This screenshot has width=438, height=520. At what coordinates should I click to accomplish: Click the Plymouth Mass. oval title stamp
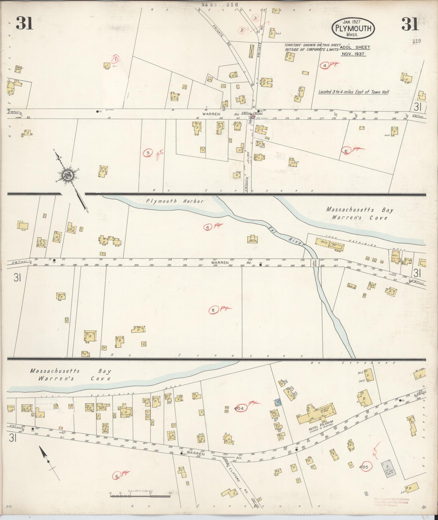point(353,28)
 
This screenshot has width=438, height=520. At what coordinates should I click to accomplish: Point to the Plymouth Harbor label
point(174,201)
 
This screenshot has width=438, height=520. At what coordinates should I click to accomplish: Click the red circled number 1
point(116,59)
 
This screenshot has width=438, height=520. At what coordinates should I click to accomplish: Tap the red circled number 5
point(148,153)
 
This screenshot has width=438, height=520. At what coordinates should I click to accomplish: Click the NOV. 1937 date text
point(353,54)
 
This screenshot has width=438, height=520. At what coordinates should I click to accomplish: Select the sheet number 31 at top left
point(24,23)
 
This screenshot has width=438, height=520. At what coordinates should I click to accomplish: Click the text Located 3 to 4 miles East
point(353,92)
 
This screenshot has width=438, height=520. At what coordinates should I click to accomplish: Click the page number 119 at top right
point(416,41)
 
